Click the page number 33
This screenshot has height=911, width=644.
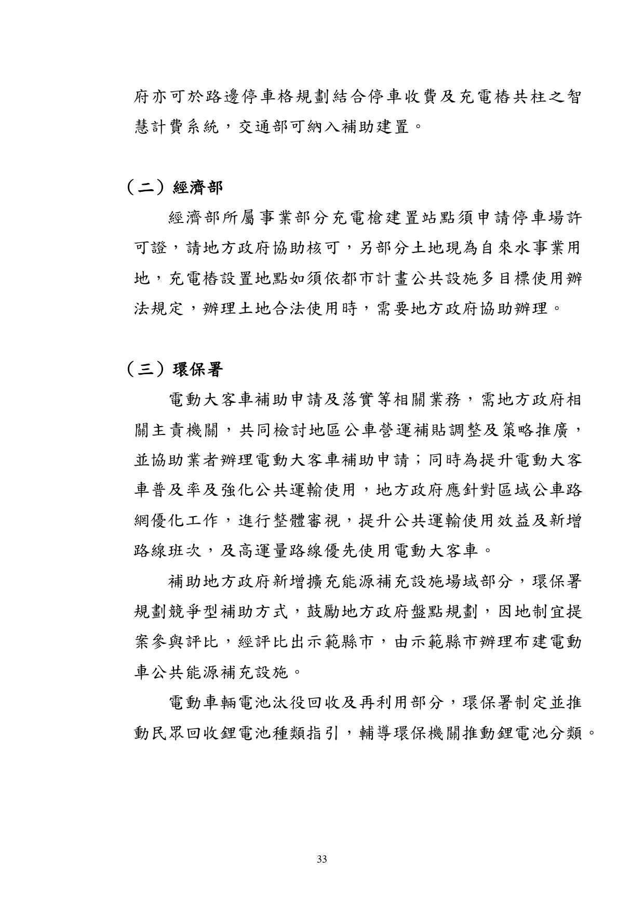tap(321, 859)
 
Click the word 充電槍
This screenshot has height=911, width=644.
tap(348, 218)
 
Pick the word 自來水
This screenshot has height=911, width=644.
tap(503, 248)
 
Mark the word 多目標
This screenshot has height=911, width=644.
tap(503, 279)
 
